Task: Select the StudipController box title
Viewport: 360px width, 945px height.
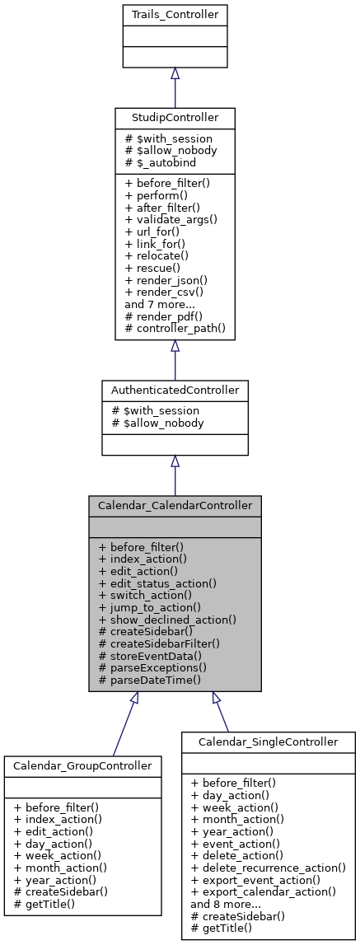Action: click(175, 117)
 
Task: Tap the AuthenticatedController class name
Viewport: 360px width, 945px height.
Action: click(175, 389)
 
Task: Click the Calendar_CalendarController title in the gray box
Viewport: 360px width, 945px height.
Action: click(175, 505)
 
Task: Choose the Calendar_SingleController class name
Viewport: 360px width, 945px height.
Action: click(269, 741)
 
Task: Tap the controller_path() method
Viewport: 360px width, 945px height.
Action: click(172, 328)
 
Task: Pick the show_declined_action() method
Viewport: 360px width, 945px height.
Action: click(167, 619)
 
